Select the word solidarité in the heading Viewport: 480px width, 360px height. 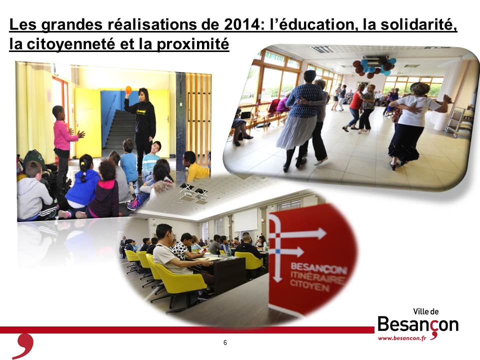(418, 25)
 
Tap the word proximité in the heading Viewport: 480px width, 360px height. (193, 44)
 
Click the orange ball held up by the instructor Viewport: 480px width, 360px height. (128, 89)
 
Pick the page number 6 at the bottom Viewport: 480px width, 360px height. (225, 342)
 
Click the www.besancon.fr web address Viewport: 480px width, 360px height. (402, 338)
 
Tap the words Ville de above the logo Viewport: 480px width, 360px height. (426, 311)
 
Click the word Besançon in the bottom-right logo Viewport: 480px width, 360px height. (418, 325)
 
